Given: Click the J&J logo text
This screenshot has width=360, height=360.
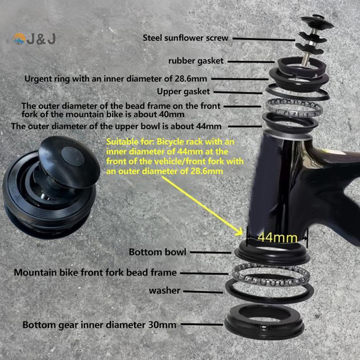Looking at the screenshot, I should pos(40,40).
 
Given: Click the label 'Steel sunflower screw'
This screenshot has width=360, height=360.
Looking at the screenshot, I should pos(185,38).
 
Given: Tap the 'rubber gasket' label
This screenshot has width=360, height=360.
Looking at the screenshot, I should pos(196,60).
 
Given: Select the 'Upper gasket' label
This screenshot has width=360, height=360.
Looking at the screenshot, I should pos(183,91).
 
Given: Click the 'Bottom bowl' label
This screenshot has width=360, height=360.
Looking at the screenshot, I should pos(157,252).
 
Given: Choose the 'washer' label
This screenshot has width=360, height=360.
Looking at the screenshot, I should pos(164,291).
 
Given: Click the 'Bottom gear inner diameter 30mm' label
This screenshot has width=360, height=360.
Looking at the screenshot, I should pos(99,324).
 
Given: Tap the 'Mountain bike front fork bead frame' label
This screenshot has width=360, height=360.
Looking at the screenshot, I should pos(95,272).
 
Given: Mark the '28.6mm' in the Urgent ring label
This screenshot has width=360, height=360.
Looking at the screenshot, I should pos(191,78).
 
